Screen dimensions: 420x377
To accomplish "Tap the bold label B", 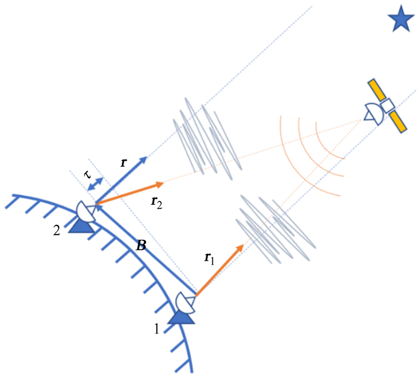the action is pyautogui.click(x=142, y=246).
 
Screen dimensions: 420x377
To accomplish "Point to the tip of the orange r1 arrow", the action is pyautogui.click(x=243, y=245).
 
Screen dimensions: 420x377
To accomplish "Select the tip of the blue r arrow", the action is pyautogui.click(x=148, y=156).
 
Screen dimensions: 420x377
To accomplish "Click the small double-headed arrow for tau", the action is pyautogui.click(x=96, y=185).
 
